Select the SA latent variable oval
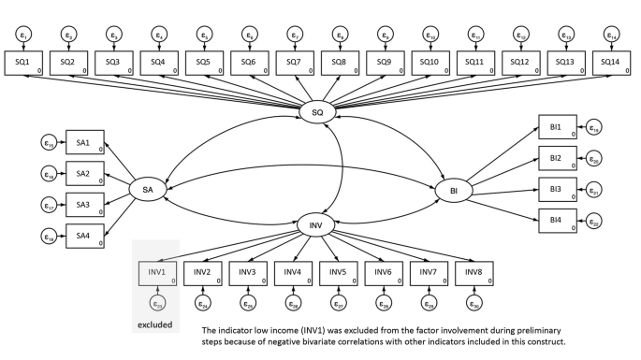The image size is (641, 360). click(x=147, y=189)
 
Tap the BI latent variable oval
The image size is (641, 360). click(x=454, y=190)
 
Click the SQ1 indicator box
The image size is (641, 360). click(x=22, y=62)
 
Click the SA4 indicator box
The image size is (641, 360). click(x=81, y=238)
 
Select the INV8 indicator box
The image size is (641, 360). click(x=473, y=272)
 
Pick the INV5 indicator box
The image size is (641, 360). click(x=338, y=272)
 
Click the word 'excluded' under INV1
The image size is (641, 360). click(x=156, y=324)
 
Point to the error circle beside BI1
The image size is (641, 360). click(x=594, y=128)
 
